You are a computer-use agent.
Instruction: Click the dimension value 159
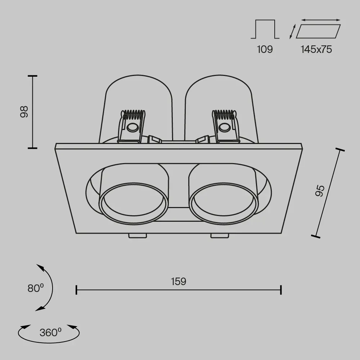(179, 282)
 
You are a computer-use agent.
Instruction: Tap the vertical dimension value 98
(24, 112)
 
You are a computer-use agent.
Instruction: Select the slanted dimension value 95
(320, 191)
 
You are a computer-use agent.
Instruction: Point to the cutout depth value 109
(265, 49)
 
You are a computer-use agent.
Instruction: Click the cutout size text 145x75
(316, 49)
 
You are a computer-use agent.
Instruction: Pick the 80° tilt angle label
(36, 288)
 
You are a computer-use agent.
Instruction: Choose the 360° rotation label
(50, 332)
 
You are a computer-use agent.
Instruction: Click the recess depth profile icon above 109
(265, 29)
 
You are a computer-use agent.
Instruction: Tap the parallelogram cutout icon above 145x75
(318, 31)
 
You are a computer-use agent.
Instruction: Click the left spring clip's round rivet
(132, 128)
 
